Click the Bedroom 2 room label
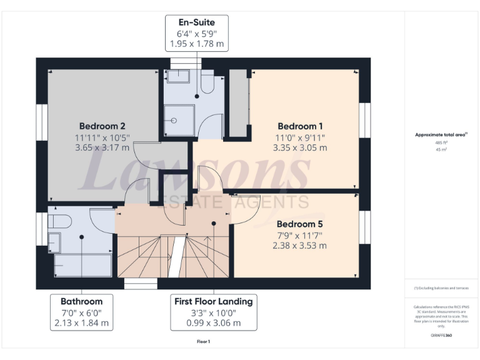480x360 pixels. pyautogui.click(x=102, y=125)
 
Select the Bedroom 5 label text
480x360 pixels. pyautogui.click(x=300, y=223)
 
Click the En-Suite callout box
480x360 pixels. pyautogui.click(x=197, y=33)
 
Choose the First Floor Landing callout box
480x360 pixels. pyautogui.click(x=214, y=312)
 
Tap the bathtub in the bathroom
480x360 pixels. pyautogui.click(x=82, y=264)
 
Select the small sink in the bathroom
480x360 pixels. pyautogui.click(x=54, y=240)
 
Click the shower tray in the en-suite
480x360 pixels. pyautogui.click(x=178, y=119)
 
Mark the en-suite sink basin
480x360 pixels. pyautogui.click(x=177, y=77)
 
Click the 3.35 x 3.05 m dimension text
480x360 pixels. pyautogui.click(x=300, y=148)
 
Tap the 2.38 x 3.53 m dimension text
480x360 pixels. pyautogui.click(x=300, y=246)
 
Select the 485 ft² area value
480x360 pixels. pyautogui.click(x=442, y=142)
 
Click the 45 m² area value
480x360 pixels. pyautogui.click(x=442, y=149)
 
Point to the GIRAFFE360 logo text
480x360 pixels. pyautogui.click(x=441, y=336)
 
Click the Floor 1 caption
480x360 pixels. pyautogui.click(x=203, y=342)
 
